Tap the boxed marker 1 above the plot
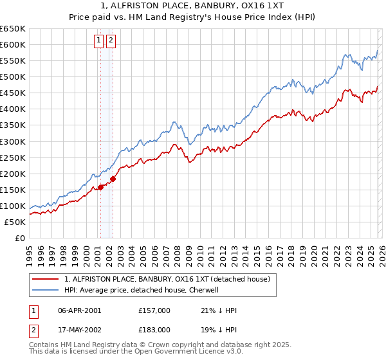click(x=99, y=40)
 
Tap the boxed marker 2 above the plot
click(x=111, y=40)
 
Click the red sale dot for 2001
click(x=100, y=187)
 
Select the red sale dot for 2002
click(x=113, y=179)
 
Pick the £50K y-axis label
click(x=15, y=222)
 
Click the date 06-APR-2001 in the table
click(x=79, y=310)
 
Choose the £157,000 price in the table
click(x=154, y=310)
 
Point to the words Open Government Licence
click(x=175, y=354)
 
